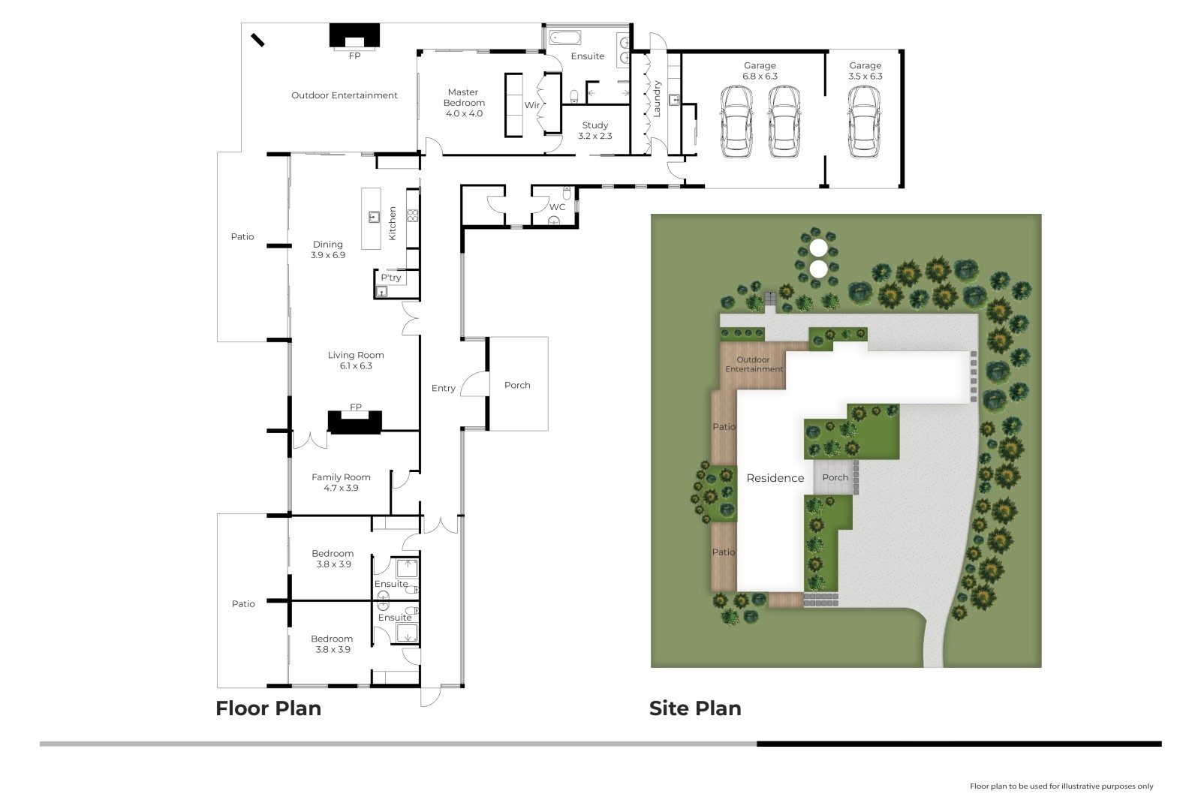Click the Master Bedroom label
click(x=464, y=98)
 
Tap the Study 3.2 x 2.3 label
click(x=595, y=131)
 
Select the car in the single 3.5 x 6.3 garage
click(x=864, y=122)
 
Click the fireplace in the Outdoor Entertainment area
click(x=354, y=37)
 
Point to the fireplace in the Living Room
click(x=355, y=422)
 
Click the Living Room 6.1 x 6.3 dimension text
click(x=356, y=365)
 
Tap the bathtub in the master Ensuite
click(x=564, y=38)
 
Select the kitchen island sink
click(x=375, y=217)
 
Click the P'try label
click(x=391, y=277)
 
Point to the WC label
click(x=557, y=207)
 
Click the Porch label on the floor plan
click(x=517, y=385)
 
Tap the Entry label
click(x=444, y=388)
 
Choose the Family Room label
click(x=341, y=477)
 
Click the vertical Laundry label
click(x=657, y=98)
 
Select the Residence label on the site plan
click(x=775, y=478)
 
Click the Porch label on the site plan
click(x=835, y=477)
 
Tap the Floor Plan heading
click(x=268, y=708)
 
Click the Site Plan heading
click(x=695, y=708)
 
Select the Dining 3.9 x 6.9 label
click(x=328, y=250)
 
